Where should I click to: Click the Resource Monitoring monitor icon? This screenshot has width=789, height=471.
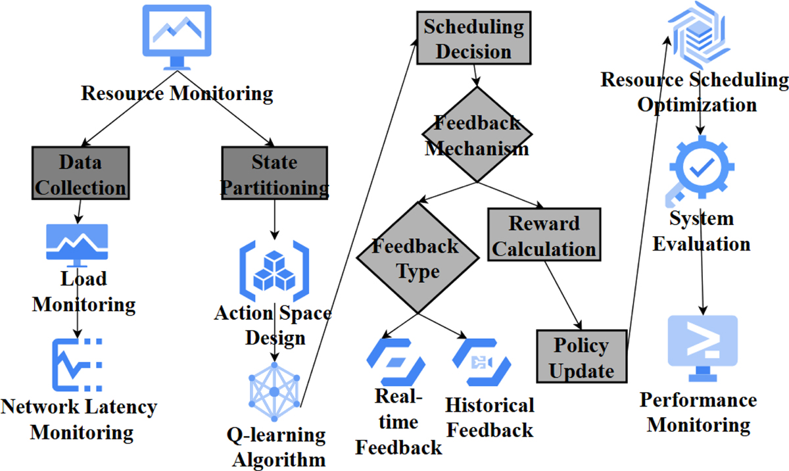pyautogui.click(x=177, y=36)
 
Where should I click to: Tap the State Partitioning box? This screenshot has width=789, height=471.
pyautogui.click(x=274, y=174)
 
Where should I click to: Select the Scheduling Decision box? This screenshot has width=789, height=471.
pyautogui.click(x=473, y=39)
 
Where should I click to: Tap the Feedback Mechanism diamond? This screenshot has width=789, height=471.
pyautogui.click(x=477, y=135)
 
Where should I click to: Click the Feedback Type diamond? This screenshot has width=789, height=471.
pyautogui.click(x=416, y=258)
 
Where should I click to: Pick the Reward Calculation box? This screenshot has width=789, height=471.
pyautogui.click(x=544, y=235)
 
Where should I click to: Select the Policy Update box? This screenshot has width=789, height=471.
pyautogui.click(x=581, y=357)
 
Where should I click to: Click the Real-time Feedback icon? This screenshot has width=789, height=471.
pyautogui.click(x=395, y=362)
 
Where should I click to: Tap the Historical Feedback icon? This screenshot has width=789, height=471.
pyautogui.click(x=481, y=362)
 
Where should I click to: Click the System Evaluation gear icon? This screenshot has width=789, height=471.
pyautogui.click(x=701, y=168)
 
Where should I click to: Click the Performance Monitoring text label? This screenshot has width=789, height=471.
pyautogui.click(x=698, y=412)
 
